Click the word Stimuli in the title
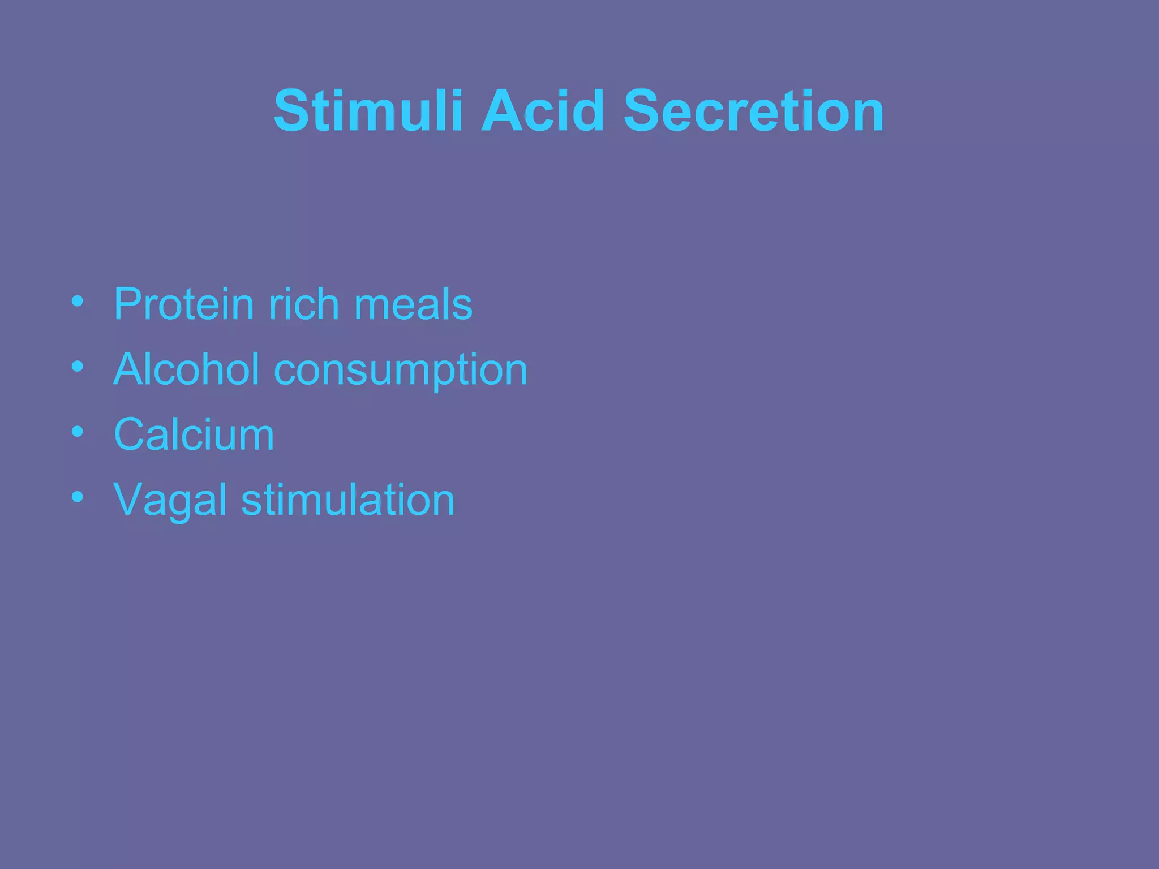368,111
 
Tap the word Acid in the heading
543,111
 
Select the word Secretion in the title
753,111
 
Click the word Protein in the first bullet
183,304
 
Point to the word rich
303,304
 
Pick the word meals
413,304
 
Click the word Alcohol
186,369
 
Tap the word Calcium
194,434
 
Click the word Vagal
170,501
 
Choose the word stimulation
347,500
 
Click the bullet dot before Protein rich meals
78,301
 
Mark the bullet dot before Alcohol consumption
78,367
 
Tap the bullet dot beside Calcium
78,432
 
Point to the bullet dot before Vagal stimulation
78,497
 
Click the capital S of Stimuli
292,111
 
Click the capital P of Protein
128,304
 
